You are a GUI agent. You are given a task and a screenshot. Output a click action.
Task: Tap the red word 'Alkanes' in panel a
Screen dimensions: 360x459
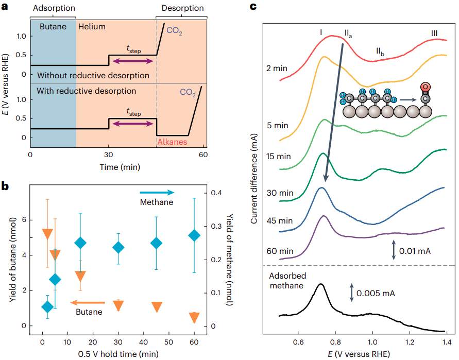(x=172, y=142)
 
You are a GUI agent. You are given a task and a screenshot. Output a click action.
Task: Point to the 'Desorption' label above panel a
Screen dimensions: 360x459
(x=182, y=8)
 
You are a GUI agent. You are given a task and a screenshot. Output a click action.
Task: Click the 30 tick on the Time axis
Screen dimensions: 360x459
(x=109, y=155)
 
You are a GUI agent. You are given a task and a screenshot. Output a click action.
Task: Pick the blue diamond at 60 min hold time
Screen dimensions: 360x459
(x=194, y=236)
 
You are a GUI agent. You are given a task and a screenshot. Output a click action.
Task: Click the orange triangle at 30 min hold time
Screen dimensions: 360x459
(x=118, y=305)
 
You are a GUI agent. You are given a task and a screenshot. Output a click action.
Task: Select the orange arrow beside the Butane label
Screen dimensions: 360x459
(x=88, y=303)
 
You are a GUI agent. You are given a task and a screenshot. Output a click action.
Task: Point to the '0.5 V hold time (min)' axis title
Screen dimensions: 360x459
(x=118, y=354)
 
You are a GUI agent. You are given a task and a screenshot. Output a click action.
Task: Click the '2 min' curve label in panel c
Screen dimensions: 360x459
(x=276, y=68)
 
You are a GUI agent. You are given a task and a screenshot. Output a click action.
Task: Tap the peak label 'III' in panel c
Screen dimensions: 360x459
(x=435, y=33)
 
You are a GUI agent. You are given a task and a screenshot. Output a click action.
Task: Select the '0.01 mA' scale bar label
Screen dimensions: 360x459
(x=416, y=251)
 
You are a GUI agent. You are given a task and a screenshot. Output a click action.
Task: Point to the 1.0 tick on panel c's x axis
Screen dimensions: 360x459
(x=372, y=341)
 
